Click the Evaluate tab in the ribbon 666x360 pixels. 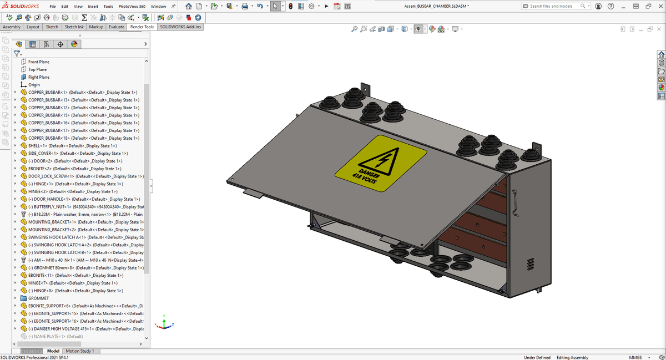(117, 27)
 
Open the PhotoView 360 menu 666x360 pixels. (132, 6)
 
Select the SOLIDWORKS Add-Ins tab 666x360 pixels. (180, 27)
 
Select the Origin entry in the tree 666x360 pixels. (34, 85)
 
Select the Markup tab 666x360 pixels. (96, 27)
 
